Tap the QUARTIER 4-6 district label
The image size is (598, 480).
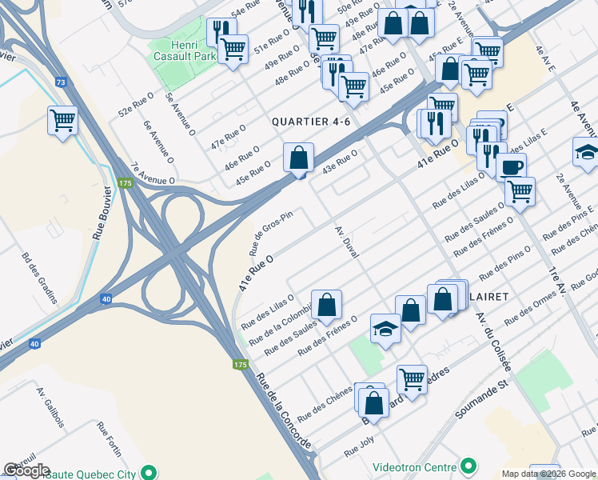[x=311, y=122]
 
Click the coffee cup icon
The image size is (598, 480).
[x=511, y=166]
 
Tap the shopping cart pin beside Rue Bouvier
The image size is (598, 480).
[x=62, y=121]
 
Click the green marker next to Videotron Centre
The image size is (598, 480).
[x=468, y=466]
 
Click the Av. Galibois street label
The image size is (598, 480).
[x=50, y=408]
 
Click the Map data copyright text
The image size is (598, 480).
[x=548, y=474]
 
